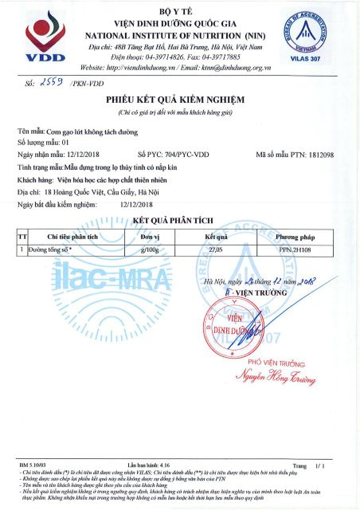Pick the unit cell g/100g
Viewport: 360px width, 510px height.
point(151,249)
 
